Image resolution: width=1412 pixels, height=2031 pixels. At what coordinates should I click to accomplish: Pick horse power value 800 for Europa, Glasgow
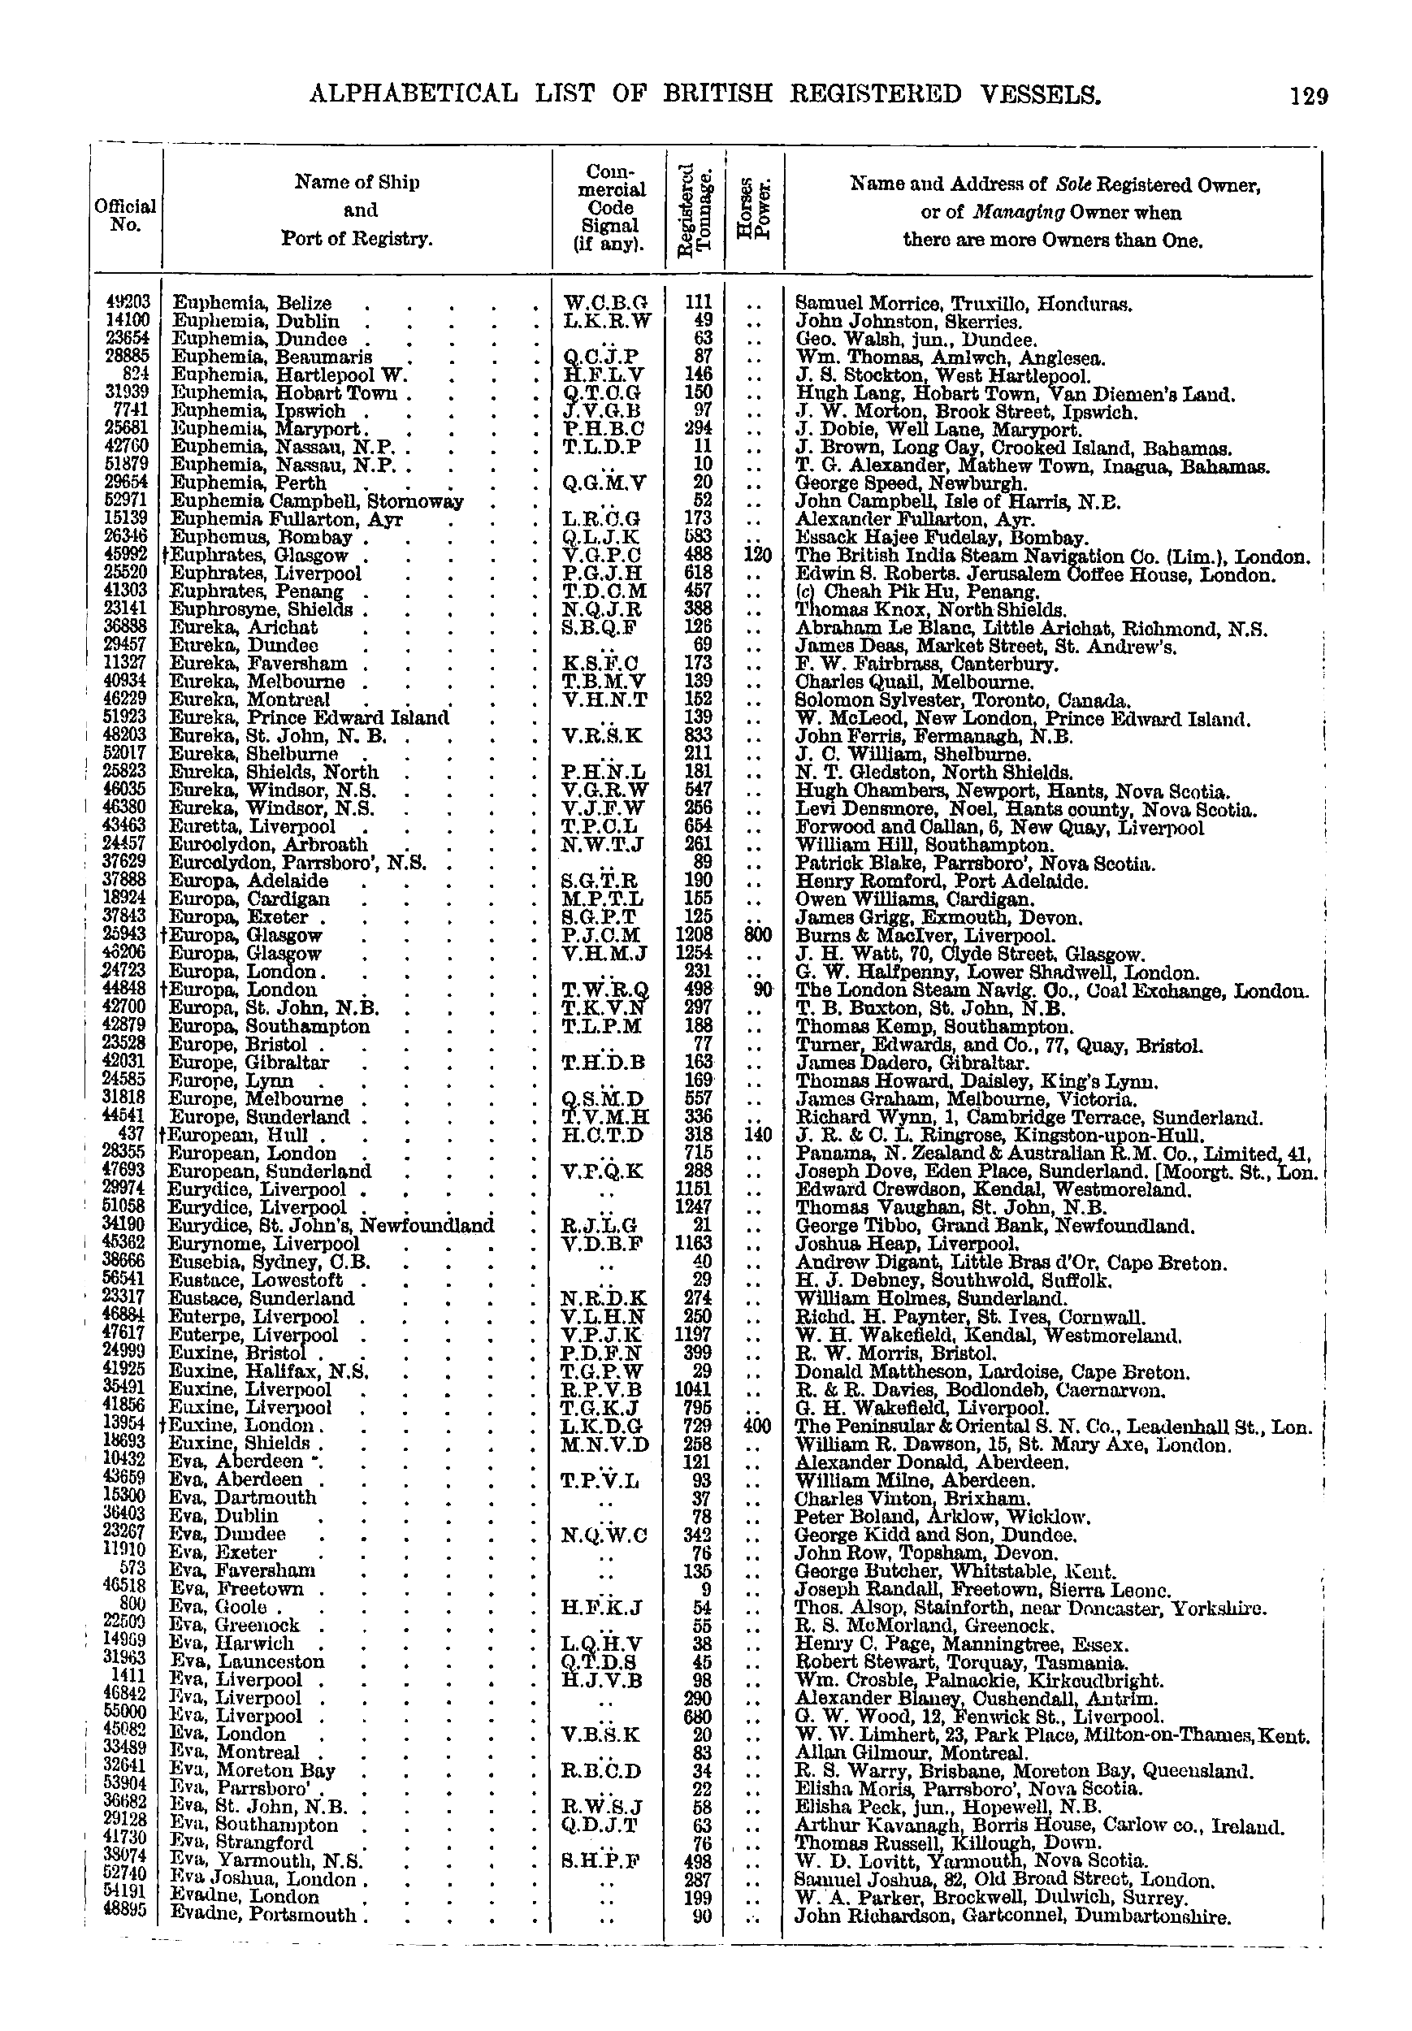coord(757,935)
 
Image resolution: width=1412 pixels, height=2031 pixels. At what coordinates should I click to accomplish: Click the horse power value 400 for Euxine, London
coord(757,1426)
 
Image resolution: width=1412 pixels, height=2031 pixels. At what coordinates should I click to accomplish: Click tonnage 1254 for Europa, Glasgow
coord(695,954)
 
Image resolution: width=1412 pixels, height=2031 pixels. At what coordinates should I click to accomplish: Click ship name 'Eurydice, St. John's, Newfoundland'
coord(331,1226)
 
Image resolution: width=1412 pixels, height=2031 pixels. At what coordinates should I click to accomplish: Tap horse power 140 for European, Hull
coord(757,1135)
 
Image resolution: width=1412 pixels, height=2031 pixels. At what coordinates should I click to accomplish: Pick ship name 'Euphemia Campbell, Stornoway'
coord(316,501)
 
